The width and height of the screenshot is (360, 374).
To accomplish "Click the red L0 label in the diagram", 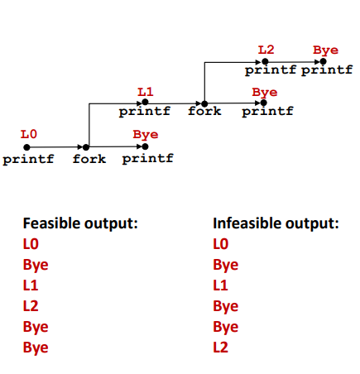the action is [x=29, y=134].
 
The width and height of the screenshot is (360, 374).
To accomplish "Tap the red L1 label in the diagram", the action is [x=146, y=92].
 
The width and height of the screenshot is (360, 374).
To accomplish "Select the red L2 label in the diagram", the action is [x=266, y=50].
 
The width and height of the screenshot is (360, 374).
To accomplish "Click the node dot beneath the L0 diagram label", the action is [x=26, y=147].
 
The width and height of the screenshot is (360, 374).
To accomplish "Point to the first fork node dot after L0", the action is [x=86, y=147].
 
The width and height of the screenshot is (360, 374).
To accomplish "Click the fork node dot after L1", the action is [x=204, y=104].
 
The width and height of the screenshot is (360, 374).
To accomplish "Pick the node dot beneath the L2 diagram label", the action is [x=265, y=61].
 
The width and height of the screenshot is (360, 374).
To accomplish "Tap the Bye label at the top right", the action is [x=325, y=50].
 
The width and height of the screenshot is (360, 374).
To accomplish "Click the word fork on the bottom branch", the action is [x=89, y=159].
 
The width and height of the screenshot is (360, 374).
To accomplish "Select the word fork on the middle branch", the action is [x=204, y=111].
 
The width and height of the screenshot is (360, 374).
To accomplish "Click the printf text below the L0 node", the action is [x=28, y=160].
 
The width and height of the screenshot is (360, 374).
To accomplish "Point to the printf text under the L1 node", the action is [x=145, y=112].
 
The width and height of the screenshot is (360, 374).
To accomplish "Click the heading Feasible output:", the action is [x=80, y=223].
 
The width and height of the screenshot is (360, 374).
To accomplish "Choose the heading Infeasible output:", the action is [x=276, y=223].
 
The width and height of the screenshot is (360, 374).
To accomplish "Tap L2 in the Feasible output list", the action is [x=31, y=306].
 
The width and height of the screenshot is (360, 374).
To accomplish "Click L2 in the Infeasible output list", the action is [x=221, y=348].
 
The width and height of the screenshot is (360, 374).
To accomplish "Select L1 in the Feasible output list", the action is [x=31, y=285].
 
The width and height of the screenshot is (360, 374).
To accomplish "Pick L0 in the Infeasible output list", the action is [x=221, y=244].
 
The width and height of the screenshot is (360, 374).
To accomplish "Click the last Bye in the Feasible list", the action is [x=36, y=348].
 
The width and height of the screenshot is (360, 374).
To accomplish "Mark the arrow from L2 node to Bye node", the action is [x=294, y=62].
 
